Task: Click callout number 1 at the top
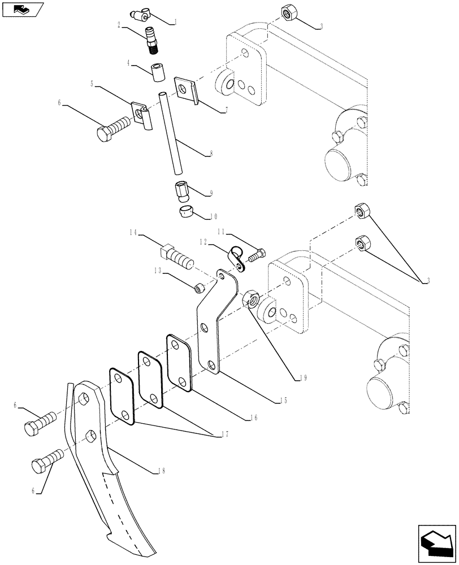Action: point(176,23)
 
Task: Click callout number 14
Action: point(133,232)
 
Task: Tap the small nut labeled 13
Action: point(198,289)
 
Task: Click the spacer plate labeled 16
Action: point(180,362)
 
